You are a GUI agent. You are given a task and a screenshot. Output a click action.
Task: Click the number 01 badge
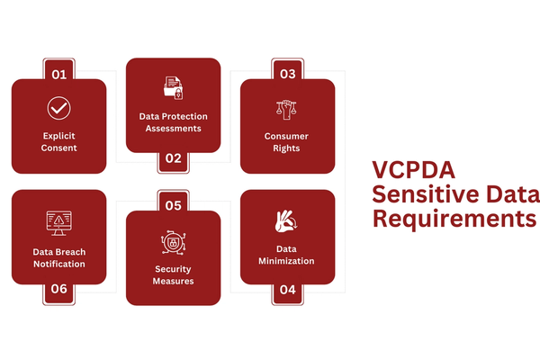[x=58, y=73]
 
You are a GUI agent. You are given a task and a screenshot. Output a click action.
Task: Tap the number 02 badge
[x=173, y=158]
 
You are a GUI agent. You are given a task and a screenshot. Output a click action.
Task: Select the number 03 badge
[x=287, y=73]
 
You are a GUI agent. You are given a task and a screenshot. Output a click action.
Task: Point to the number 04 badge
[x=287, y=290]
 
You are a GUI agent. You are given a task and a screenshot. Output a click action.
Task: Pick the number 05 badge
[x=173, y=205]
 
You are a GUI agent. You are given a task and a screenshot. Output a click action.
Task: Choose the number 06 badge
[x=58, y=290]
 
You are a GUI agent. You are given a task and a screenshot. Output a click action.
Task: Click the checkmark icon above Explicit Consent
[x=58, y=109]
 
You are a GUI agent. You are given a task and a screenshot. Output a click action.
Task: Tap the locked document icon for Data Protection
[x=173, y=88]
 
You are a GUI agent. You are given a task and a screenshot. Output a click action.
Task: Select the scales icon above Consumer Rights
[x=287, y=109]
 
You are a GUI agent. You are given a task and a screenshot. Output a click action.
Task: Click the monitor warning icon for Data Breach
[x=58, y=221]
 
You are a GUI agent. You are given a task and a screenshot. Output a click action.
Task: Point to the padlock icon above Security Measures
[x=173, y=243]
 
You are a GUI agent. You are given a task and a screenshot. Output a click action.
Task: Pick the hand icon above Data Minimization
[x=287, y=221]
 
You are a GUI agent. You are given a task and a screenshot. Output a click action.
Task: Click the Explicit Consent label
[x=58, y=141]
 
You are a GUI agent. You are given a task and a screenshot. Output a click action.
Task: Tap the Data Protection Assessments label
[x=173, y=121]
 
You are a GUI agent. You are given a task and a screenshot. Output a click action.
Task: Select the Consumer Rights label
[x=287, y=141]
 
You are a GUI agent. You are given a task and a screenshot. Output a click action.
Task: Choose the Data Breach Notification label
[x=58, y=258]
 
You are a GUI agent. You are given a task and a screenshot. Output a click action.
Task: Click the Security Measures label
[x=173, y=274]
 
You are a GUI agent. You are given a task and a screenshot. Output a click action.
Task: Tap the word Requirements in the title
[x=454, y=219]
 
